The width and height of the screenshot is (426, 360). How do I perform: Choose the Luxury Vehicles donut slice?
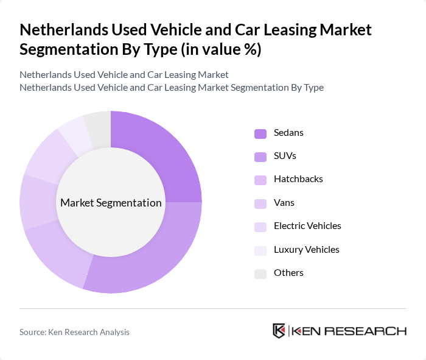click(75, 130)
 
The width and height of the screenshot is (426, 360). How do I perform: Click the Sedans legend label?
click(288, 132)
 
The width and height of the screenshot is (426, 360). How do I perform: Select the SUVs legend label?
click(285, 155)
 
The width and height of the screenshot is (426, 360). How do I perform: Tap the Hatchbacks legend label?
click(298, 179)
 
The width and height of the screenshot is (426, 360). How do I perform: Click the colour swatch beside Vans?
click(260, 203)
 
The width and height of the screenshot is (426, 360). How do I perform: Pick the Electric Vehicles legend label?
click(307, 226)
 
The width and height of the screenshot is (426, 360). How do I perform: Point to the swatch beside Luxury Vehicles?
click(260, 250)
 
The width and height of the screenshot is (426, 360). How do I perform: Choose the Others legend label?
click(288, 273)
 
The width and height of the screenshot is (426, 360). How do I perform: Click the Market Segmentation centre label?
click(111, 203)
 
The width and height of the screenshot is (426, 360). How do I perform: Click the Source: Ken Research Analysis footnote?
click(74, 332)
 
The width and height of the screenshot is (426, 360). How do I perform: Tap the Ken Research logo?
click(340, 331)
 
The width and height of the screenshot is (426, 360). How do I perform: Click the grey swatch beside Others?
click(260, 274)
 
